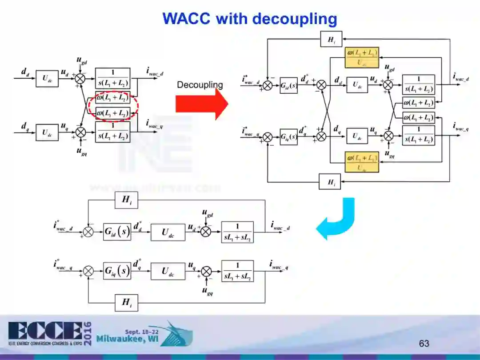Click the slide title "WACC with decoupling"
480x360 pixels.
pyautogui.click(x=249, y=19)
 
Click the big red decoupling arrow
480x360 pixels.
pyautogui.click(x=201, y=104)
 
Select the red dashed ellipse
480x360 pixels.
pyautogui.click(x=113, y=105)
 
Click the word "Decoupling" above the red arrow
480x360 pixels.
pyautogui.click(x=200, y=85)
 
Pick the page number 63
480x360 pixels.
pyautogui.click(x=424, y=343)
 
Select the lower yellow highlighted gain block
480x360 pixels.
pyautogui.click(x=362, y=162)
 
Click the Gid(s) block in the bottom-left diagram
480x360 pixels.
pyautogui.click(x=117, y=232)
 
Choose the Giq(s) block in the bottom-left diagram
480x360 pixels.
pyautogui.click(x=117, y=271)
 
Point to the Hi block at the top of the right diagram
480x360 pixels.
pyautogui.click(x=332, y=40)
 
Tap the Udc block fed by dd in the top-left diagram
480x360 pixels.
pyautogui.click(x=47, y=78)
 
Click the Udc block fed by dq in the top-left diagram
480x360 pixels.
pyautogui.click(x=47, y=132)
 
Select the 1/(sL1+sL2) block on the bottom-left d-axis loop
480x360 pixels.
pyautogui.click(x=237, y=232)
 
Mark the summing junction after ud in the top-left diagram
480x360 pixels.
pyautogui.click(x=80, y=78)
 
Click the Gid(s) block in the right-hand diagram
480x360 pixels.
pyautogui.click(x=288, y=85)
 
